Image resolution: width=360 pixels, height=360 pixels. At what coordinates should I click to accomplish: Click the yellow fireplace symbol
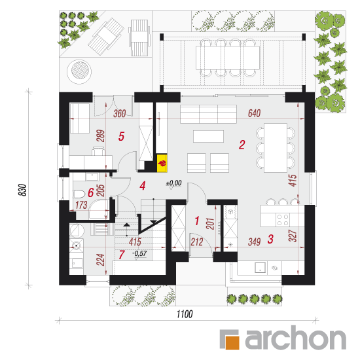click(162, 163)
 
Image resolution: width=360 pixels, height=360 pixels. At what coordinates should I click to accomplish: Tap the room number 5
click(121, 136)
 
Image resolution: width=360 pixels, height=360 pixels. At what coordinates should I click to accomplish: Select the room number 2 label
click(242, 145)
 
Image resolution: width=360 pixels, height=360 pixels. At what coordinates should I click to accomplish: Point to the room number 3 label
click(270, 239)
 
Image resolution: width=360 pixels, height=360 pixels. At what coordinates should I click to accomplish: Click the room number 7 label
click(122, 255)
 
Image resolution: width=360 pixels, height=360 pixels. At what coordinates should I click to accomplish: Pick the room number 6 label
click(91, 192)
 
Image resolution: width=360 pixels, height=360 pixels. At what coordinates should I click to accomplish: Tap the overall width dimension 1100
click(185, 314)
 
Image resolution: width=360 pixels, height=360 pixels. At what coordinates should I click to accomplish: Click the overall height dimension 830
click(22, 190)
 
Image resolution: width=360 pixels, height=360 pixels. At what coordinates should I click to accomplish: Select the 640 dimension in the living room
click(254, 113)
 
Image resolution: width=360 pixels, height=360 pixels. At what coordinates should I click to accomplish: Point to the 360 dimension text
click(119, 114)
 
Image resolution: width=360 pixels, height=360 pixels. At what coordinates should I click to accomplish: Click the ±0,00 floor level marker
click(174, 183)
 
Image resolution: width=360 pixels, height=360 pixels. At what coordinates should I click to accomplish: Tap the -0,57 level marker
click(139, 254)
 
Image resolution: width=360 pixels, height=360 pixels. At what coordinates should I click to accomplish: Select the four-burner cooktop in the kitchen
click(283, 220)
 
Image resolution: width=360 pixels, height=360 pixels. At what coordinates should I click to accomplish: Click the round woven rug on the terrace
click(79, 71)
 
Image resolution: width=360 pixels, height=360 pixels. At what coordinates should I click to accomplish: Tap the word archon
click(295, 338)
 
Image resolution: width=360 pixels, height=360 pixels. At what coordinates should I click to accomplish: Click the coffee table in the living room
click(208, 136)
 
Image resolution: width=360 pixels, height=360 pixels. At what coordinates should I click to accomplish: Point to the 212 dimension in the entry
click(197, 242)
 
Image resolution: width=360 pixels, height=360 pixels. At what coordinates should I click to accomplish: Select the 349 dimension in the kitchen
click(254, 242)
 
